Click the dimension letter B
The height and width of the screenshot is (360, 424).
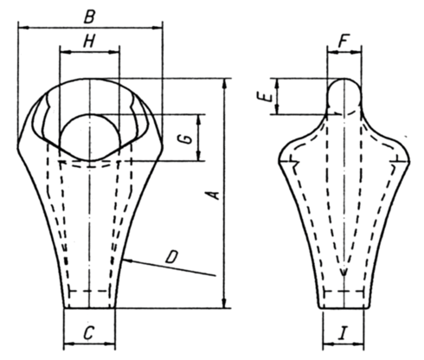click(x=89, y=17)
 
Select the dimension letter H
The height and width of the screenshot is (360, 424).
click(x=89, y=42)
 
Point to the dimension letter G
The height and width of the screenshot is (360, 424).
click(x=188, y=138)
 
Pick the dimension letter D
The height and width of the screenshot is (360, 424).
click(x=172, y=257)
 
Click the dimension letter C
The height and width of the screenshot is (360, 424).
click(x=88, y=333)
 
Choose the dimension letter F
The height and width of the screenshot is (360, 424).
click(x=344, y=41)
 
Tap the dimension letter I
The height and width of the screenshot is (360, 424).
click(x=343, y=333)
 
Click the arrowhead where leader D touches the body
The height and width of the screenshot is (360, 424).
click(x=127, y=260)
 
